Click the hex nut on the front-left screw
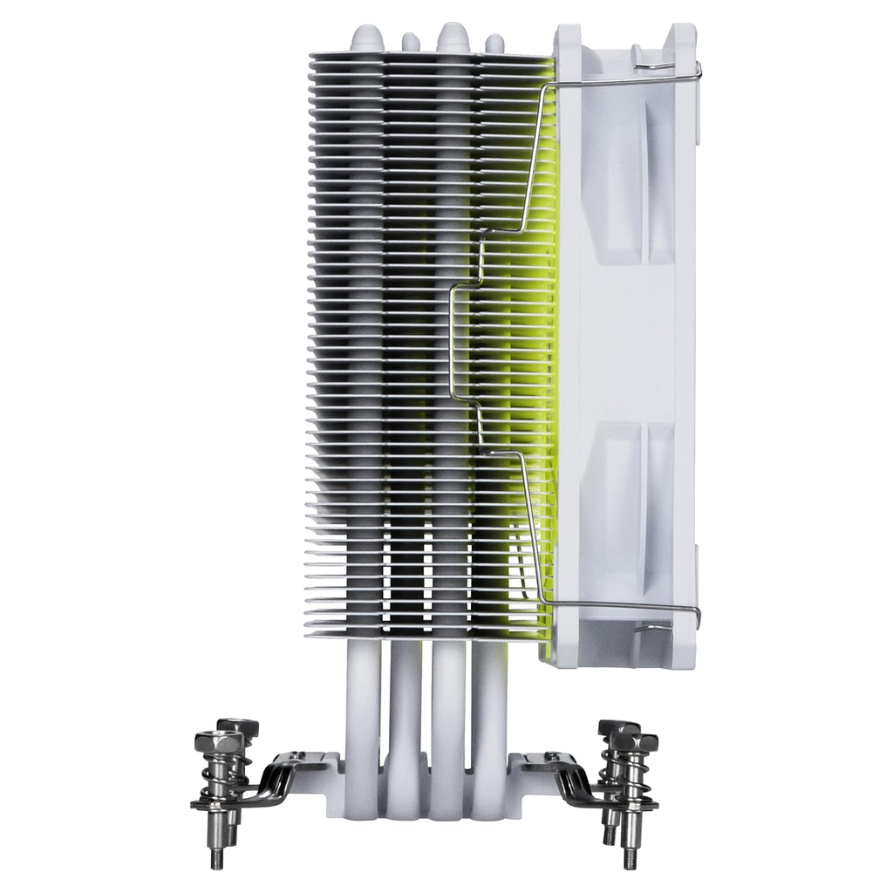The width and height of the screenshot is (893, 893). pyautogui.click(x=218, y=742)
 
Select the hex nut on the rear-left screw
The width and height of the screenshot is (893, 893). pyautogui.click(x=238, y=726)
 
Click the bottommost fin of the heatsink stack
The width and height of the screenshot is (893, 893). pyautogui.click(x=427, y=632)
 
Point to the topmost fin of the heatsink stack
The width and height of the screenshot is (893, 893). pyautogui.click(x=432, y=56)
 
